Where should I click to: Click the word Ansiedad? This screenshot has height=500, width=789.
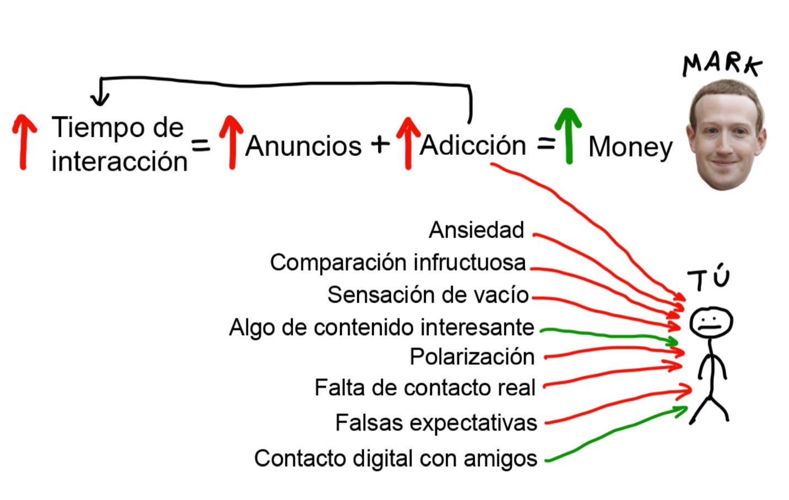coord(476,230)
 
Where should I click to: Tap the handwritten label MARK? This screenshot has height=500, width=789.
coord(722,64)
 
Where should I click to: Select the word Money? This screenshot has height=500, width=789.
coord(630,147)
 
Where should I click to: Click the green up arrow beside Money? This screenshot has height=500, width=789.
coord(568,135)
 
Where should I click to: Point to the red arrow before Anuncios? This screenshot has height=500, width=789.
coord(231,142)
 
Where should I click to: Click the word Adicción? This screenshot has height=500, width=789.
coord(473,146)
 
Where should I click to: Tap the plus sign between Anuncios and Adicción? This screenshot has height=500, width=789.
coord(380,144)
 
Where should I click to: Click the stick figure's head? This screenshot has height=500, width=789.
coord(711,322)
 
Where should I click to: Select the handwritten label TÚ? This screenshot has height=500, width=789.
coord(709,278)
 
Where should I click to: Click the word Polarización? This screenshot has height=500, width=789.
coord(472,357)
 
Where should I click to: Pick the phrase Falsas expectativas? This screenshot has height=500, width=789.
coord(436,423)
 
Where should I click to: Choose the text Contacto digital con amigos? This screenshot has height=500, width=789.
coord(395,458)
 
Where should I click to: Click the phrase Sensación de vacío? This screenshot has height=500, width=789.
coord(428,295)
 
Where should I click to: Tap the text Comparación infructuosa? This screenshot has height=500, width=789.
coord(398,262)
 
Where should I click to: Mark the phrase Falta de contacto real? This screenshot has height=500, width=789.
coord(425,388)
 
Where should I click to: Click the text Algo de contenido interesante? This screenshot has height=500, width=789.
coord(381,327)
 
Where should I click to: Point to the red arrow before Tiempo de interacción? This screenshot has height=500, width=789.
coord(24,142)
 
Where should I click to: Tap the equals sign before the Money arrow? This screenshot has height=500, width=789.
coord(545,144)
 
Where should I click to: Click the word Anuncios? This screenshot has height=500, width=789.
coord(304,146)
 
